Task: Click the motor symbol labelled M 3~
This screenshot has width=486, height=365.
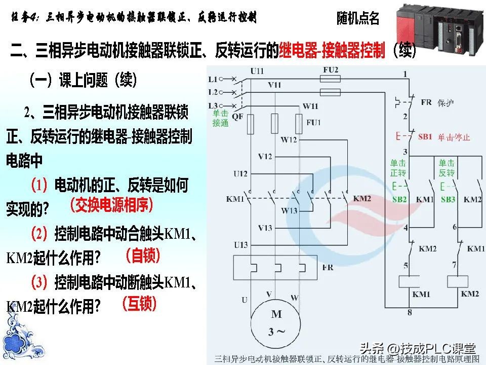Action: coord(276,322)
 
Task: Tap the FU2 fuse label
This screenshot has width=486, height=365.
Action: coord(331,69)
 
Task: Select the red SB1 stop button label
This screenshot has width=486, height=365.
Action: coord(425,137)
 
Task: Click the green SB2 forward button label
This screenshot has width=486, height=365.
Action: coord(399,200)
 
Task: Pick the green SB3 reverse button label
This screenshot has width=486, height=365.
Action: coord(448,200)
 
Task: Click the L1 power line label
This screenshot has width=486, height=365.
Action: coord(213,79)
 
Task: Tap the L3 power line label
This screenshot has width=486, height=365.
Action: coord(213,105)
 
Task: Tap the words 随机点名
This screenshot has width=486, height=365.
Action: coord(358,19)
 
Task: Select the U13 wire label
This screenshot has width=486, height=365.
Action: coord(240,245)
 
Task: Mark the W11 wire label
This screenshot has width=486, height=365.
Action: coord(310,106)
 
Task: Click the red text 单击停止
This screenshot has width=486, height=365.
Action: coord(454,137)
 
